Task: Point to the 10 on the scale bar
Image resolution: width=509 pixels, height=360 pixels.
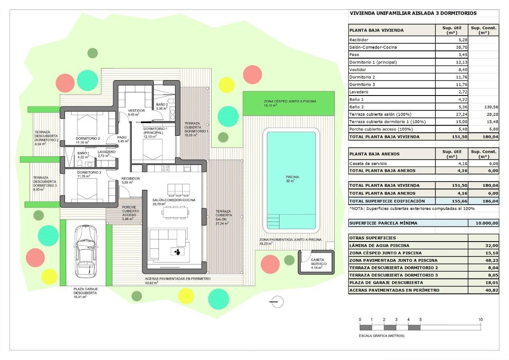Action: (x=480, y=320)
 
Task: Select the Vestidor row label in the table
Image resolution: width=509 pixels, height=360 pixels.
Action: (x=357, y=70)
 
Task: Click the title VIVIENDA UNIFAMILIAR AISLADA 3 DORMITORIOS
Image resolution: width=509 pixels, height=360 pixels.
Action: (x=413, y=13)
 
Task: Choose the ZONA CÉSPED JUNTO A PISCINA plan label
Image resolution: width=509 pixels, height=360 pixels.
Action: (x=290, y=101)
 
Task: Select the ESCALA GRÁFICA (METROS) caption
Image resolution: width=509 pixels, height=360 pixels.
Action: (x=382, y=336)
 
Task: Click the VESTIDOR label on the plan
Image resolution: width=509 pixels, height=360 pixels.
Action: (x=136, y=110)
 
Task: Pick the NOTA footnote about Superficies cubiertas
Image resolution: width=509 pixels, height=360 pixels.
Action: (x=411, y=208)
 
